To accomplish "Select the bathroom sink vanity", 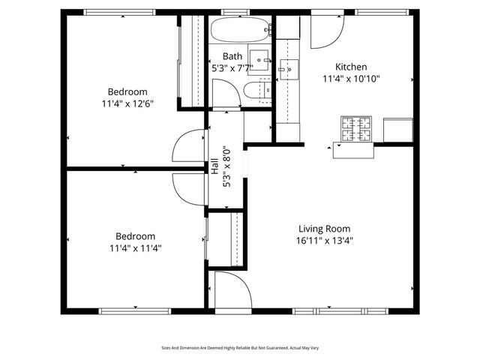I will [260, 60].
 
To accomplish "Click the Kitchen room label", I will [351, 67].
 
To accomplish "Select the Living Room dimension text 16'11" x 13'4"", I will [325, 241].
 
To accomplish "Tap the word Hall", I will [215, 166].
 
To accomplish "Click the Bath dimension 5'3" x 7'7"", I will [232, 67].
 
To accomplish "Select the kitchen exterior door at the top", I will [326, 29].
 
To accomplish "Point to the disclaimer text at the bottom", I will [240, 348].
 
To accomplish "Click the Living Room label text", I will [325, 229].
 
